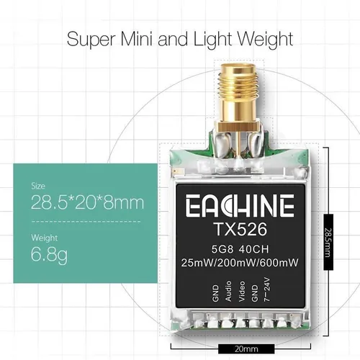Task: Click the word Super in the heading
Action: coord(91,40)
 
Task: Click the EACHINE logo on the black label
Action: coord(240,205)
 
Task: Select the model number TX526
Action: coord(240,229)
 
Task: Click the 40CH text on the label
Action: coord(253,249)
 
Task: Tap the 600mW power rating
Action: coord(279,263)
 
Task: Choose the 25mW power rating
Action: coord(197,263)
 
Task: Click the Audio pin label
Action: coord(228,291)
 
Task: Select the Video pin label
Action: coord(242,291)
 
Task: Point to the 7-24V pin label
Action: coord(267,289)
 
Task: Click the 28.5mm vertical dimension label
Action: coord(328,243)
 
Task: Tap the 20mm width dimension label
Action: coord(246,349)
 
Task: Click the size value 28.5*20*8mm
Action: coord(88,202)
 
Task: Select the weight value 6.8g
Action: coord(49,255)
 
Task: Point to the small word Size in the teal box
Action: coord(38,186)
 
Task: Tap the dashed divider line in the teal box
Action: coord(86,222)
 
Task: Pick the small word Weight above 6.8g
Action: coord(45,238)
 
